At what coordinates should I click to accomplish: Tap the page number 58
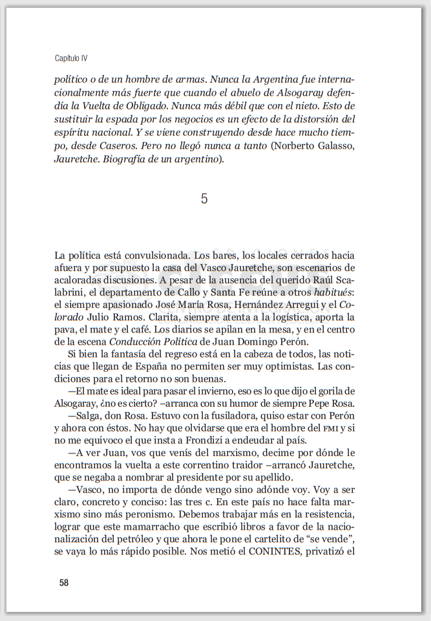64,582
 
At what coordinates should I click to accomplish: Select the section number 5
204,199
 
